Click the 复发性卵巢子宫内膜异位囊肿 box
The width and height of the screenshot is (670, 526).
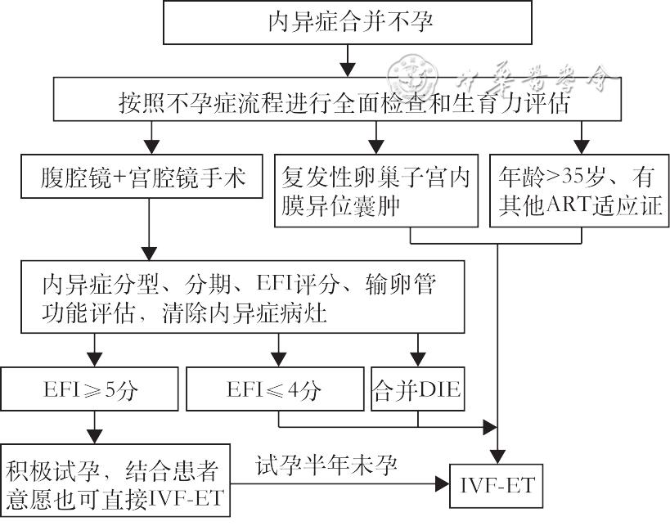point(376,190)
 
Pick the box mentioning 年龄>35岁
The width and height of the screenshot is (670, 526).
point(579,190)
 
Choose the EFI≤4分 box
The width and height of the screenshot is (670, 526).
point(274,390)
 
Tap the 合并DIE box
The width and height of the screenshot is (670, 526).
point(417,390)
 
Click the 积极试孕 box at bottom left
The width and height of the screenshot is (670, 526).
point(116,483)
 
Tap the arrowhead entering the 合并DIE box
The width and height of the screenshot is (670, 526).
point(418,361)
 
